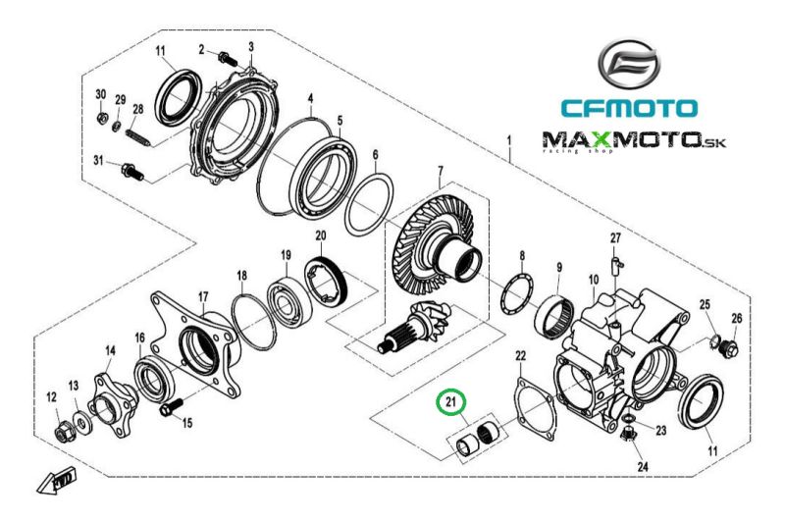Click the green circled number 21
click(x=451, y=402)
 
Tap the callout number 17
click(x=202, y=297)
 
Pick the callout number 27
click(x=615, y=238)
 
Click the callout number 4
click(x=310, y=99)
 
